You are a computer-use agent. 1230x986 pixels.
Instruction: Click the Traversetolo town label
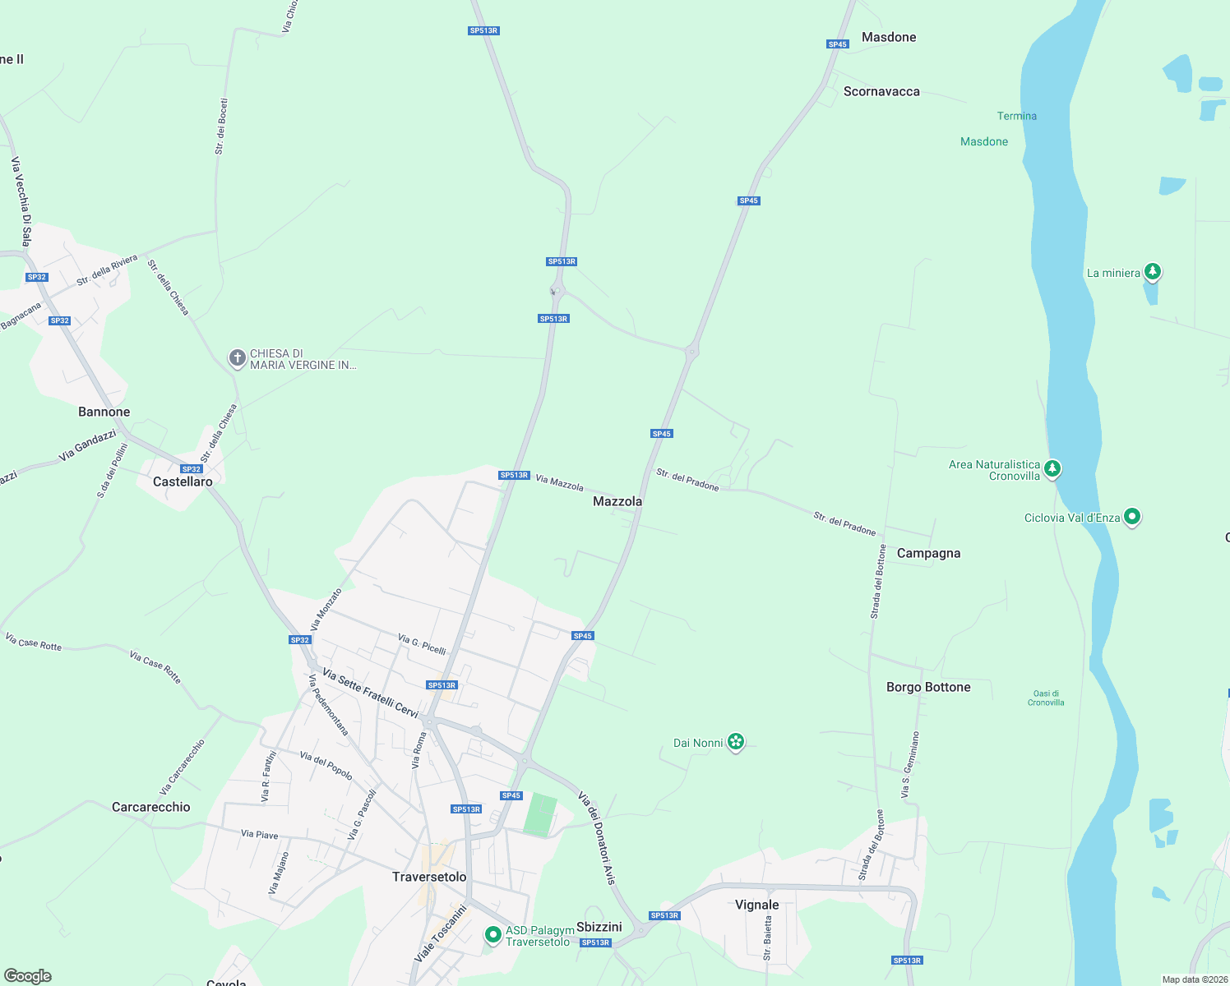429,877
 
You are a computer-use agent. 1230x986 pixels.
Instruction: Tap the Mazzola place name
617,501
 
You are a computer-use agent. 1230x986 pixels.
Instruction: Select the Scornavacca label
881,91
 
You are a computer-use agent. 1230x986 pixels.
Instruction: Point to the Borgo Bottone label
928,687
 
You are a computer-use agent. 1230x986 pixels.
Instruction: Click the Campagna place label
928,553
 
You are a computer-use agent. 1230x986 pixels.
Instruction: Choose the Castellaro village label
183,481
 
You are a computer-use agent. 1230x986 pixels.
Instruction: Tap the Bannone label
104,412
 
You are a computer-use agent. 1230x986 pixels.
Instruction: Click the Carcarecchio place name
150,807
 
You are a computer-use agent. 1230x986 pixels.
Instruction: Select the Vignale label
756,905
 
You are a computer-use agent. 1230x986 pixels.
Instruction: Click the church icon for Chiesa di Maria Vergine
237,358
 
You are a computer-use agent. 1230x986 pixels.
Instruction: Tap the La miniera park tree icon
1153,271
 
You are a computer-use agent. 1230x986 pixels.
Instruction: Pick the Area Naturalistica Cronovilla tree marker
1052,469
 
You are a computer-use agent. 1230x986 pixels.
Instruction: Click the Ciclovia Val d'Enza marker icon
1132,517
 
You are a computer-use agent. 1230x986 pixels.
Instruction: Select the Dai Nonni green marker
736,743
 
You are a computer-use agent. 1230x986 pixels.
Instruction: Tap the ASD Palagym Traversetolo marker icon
492,934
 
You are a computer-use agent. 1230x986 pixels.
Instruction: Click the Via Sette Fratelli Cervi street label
371,693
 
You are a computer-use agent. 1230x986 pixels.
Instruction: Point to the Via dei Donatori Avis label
597,837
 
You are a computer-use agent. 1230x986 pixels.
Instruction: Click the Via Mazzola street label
559,482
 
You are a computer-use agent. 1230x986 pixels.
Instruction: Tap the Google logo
28,976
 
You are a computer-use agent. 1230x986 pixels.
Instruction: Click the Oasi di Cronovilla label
1046,698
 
